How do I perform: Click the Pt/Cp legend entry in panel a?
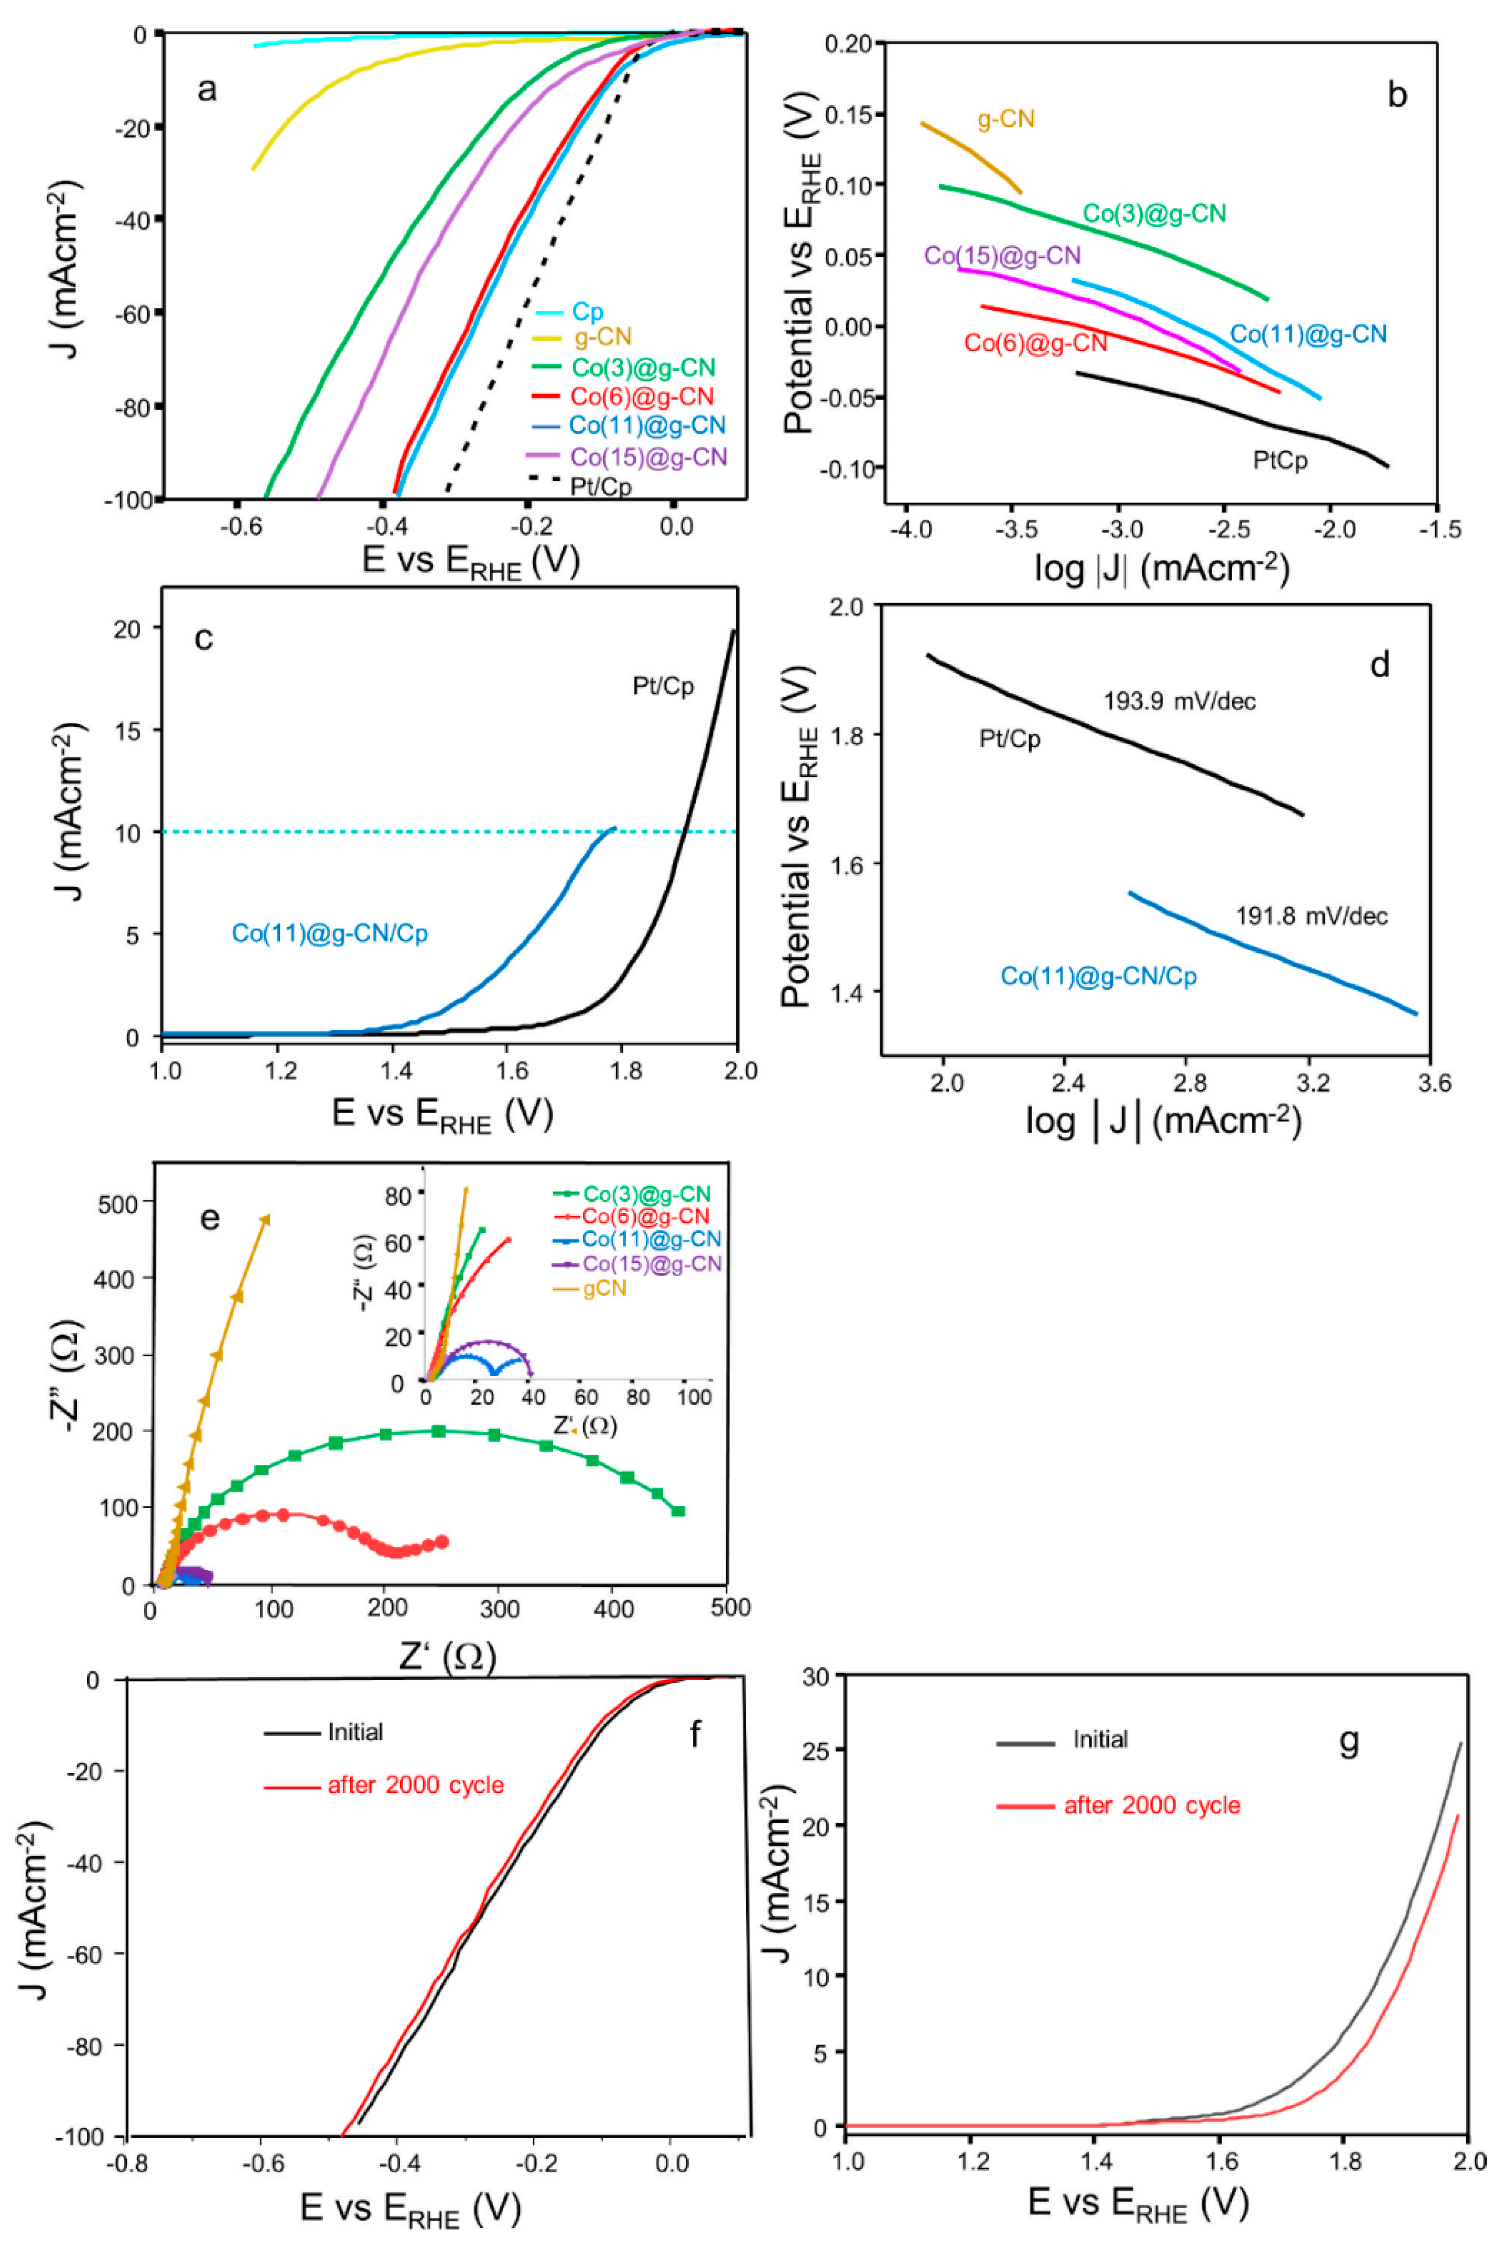point(600,486)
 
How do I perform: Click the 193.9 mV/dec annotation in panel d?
point(1179,701)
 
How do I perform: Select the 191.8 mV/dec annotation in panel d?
point(1311,916)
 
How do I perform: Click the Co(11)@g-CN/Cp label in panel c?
point(329,933)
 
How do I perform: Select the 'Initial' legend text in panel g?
point(1099,1739)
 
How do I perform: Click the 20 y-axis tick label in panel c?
point(127,629)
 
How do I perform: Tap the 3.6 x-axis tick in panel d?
point(1433,1084)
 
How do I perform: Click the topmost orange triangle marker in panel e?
point(266,1220)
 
